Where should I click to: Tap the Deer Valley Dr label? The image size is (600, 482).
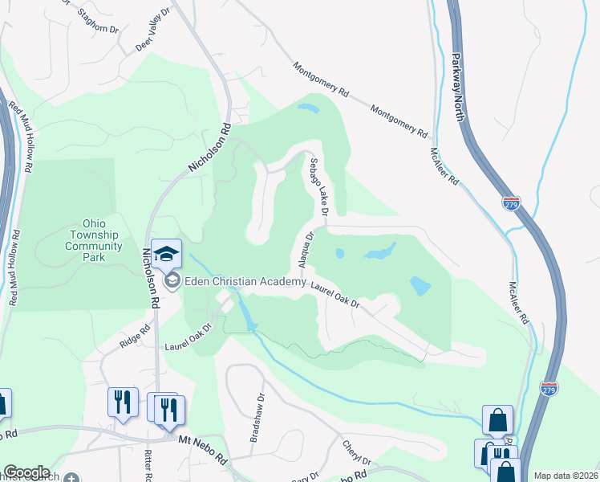[x=153, y=37]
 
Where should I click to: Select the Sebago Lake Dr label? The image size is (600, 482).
[x=318, y=187]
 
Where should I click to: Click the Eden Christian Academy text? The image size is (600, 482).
[x=246, y=281]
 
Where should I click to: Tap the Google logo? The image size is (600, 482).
[x=26, y=472]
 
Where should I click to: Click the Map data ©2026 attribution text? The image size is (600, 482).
[x=565, y=475]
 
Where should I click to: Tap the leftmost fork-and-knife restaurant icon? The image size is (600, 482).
[x=122, y=399]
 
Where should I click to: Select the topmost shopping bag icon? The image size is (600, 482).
[x=497, y=419]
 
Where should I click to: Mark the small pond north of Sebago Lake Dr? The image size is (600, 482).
[x=306, y=108]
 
